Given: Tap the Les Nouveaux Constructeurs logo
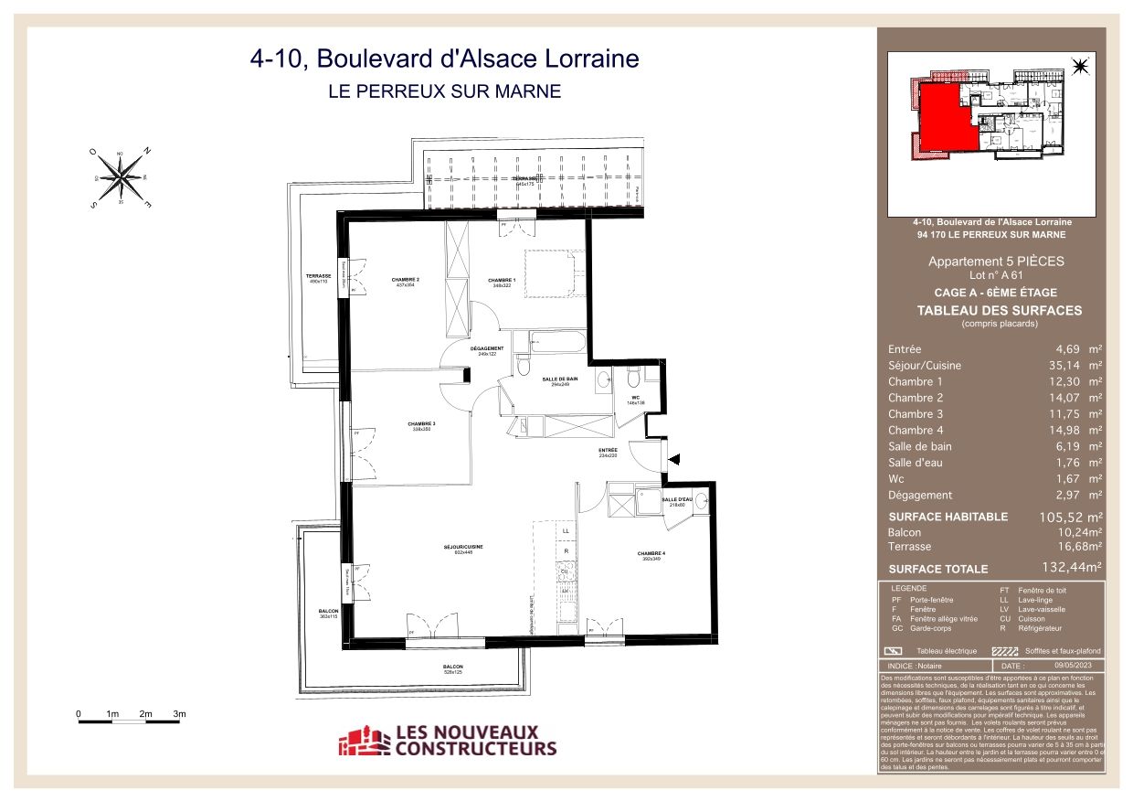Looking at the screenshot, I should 448,740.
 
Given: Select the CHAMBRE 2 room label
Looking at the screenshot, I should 406,280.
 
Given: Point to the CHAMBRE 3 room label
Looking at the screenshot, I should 421,424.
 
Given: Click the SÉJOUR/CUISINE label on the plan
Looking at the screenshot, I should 462,548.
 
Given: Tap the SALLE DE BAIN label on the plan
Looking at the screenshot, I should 560,380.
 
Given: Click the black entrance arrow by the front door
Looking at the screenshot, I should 674,462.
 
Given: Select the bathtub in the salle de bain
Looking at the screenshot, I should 558,345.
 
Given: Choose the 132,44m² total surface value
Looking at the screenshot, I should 1071,568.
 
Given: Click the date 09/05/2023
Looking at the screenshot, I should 1073,667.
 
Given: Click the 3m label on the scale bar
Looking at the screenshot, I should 180,713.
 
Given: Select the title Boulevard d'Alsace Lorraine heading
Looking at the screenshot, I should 444,59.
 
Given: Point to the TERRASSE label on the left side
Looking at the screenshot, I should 317,276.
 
